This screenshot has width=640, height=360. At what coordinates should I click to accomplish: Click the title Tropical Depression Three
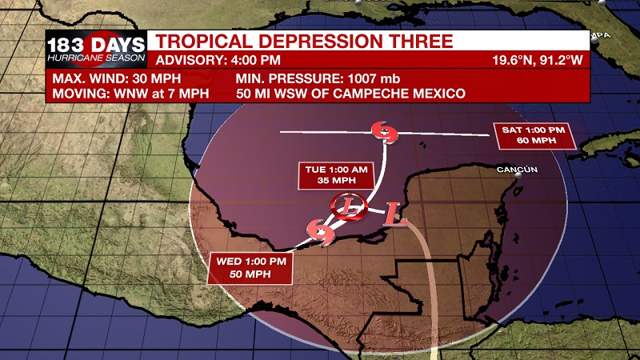pos(303,42)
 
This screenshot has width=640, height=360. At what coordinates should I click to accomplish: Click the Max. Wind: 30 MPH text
pos(117,79)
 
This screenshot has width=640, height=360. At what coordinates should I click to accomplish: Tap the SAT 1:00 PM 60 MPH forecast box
pos(534,136)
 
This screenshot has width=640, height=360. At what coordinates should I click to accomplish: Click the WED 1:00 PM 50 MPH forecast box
pos(250,268)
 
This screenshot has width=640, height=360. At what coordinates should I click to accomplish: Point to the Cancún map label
pos(516,170)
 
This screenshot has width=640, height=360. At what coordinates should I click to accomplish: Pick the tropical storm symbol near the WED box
pos(322,233)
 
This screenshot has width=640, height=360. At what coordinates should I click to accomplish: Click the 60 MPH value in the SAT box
pos(534,142)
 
